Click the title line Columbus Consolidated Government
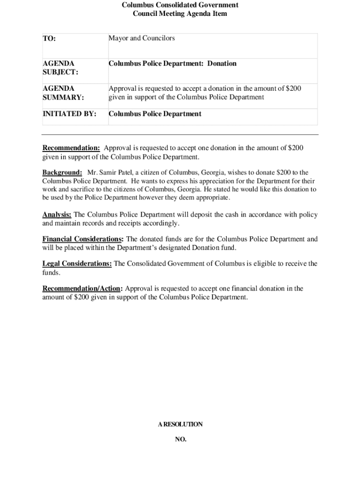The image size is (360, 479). click(180, 5)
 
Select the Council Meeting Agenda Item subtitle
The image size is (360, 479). click(180, 14)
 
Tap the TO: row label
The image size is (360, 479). click(50, 39)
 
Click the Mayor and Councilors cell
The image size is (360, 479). click(142, 38)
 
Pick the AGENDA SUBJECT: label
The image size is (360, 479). click(60, 68)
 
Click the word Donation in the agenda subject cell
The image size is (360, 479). click(222, 64)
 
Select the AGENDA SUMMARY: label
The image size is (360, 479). click(63, 93)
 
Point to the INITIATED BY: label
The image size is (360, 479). click(69, 114)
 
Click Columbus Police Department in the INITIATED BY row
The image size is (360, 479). click(155, 114)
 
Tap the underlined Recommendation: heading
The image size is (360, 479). click(71, 148)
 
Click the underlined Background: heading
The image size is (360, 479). click(62, 173)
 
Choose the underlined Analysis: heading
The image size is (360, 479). click(57, 215)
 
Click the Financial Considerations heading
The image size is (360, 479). click(83, 239)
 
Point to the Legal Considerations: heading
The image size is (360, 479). click(77, 263)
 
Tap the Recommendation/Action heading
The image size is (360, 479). click(83, 288)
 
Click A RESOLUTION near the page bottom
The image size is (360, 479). click(180, 424)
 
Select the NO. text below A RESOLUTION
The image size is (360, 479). click(180, 439)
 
